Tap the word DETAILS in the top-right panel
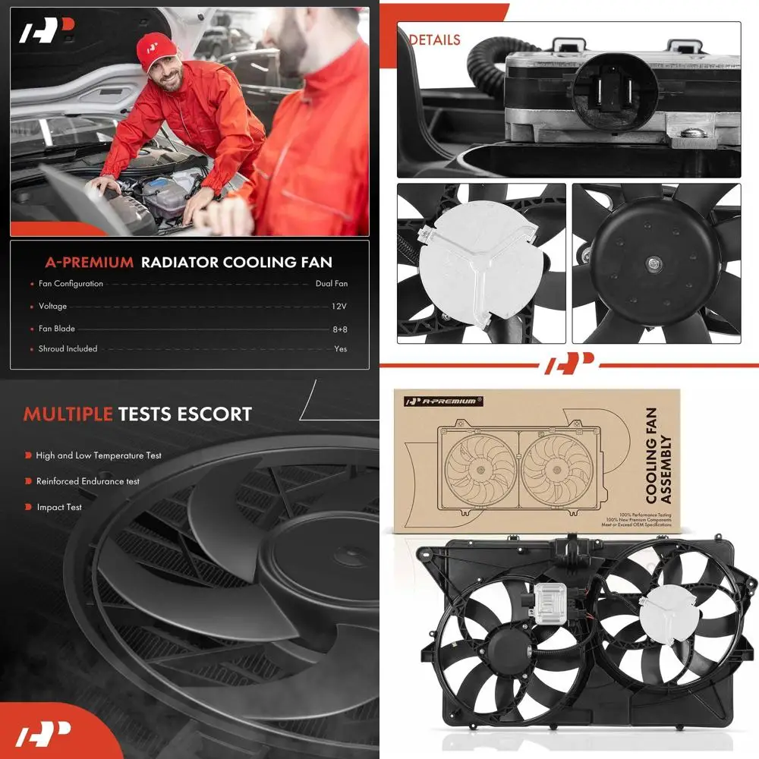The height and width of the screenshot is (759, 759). click(x=435, y=39)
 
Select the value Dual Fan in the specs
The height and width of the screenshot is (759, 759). click(x=332, y=284)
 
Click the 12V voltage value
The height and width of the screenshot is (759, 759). click(x=339, y=307)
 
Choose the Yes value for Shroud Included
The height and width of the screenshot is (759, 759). click(x=341, y=349)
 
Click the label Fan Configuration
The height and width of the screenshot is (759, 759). click(x=71, y=284)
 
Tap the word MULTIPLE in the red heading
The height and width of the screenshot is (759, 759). click(x=68, y=414)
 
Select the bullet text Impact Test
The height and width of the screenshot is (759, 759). click(x=59, y=507)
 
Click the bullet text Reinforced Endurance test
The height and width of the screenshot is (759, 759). click(x=88, y=481)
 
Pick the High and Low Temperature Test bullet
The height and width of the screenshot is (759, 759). click(x=99, y=455)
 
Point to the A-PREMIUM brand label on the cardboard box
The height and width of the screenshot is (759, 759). click(x=440, y=401)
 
